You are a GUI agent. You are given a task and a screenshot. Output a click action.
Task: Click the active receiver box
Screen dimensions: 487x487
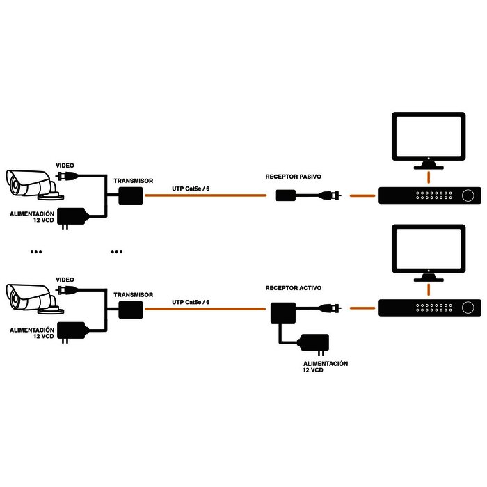284,312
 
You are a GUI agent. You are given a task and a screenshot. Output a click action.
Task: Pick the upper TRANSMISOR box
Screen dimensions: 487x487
130,195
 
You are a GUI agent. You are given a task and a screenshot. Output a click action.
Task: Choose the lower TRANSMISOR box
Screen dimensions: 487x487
130,310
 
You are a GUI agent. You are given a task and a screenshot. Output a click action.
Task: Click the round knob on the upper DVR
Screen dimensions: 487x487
470,195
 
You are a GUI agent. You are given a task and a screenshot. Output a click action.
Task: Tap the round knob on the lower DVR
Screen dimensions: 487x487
470,308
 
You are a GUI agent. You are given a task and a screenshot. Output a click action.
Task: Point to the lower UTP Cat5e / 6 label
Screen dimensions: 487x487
190,302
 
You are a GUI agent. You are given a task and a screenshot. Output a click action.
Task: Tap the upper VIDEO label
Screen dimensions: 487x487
64,165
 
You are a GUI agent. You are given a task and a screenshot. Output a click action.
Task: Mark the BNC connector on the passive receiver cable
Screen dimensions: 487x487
333,195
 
